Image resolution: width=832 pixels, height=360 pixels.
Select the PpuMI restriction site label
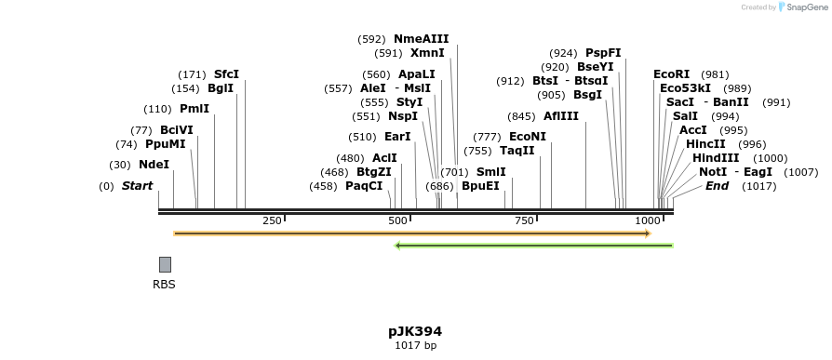[165, 144]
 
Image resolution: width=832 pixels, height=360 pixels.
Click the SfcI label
[226, 74]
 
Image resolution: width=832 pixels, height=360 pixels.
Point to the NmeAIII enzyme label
[421, 39]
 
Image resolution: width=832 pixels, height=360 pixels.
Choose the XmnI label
[427, 53]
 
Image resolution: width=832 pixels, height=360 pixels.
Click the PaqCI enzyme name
[364, 186]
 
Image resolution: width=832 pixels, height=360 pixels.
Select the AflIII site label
[561, 116]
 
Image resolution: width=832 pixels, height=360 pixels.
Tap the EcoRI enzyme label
[672, 74]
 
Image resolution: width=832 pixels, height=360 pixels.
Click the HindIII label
[716, 158]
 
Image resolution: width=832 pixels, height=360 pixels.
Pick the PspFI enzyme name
[603, 53]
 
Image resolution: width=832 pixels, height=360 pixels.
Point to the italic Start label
[137, 186]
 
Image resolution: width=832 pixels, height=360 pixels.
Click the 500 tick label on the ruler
[397, 220]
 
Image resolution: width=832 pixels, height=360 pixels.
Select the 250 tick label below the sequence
[272, 220]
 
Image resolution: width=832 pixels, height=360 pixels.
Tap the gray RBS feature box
[165, 264]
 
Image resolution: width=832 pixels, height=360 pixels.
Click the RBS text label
[164, 285]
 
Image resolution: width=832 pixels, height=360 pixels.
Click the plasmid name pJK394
[415, 331]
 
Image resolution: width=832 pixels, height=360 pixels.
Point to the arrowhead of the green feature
[398, 246]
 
